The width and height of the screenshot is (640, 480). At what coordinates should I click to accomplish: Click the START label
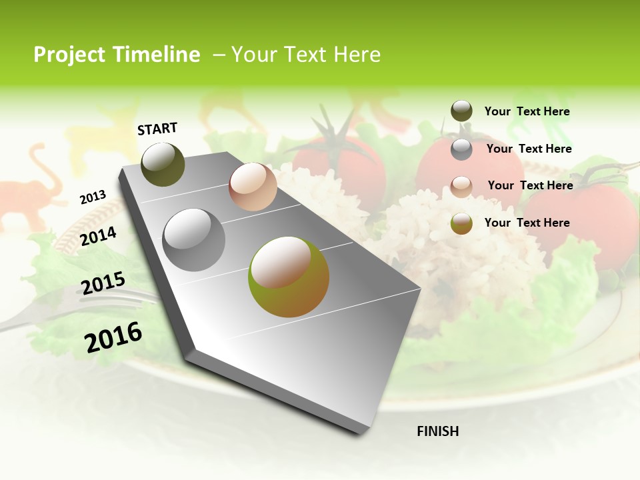[x=157, y=129]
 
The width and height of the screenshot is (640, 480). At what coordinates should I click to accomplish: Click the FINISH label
[x=437, y=431]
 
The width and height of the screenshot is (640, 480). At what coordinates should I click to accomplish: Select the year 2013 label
[x=93, y=197]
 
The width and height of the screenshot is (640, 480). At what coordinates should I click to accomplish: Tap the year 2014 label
[x=98, y=237]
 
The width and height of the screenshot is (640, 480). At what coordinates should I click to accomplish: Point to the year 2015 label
[x=103, y=283]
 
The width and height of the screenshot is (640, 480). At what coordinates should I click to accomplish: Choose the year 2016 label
[x=113, y=337]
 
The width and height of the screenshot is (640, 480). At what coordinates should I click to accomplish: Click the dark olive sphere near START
[x=163, y=164]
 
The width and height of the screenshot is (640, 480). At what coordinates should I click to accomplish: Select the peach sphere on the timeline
[x=253, y=187]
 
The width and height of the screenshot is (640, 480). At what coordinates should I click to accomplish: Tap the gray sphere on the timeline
[x=194, y=240]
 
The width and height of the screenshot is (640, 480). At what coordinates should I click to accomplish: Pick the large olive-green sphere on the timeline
[x=288, y=277]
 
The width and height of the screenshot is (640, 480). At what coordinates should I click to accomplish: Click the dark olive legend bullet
[x=461, y=111]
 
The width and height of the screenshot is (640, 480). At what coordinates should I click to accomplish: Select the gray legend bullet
[x=461, y=149]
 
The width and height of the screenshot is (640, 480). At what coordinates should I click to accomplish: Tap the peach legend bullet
[x=461, y=186]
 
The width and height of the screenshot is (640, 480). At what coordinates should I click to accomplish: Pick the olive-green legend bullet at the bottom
[x=461, y=223]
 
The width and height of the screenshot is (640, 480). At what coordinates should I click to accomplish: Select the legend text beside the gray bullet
[x=529, y=149]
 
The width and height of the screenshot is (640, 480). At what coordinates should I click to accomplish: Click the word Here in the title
[x=357, y=55]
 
